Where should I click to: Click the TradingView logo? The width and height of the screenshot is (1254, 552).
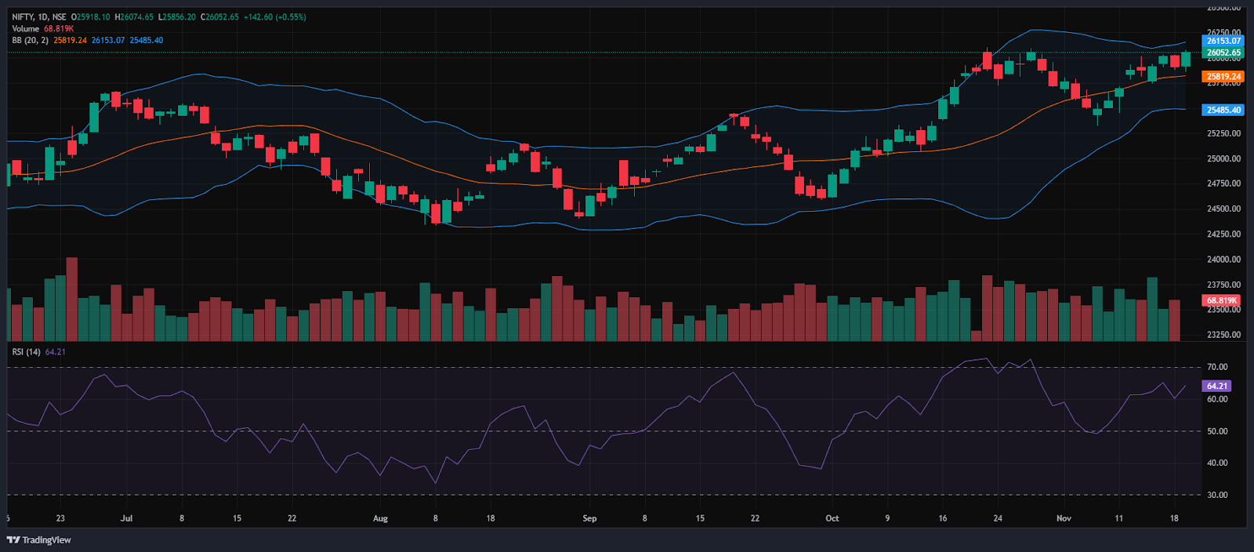coord(39,539)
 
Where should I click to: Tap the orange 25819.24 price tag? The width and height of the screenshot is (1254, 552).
coord(1223,77)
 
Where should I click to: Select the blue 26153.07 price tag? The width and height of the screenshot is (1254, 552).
coord(1223,41)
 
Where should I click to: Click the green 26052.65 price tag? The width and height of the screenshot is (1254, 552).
coord(1223,53)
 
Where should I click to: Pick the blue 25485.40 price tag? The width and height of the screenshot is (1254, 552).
coord(1223,111)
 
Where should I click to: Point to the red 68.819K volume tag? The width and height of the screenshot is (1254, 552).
coord(1222,300)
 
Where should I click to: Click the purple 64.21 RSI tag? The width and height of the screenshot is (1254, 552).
coord(1217,386)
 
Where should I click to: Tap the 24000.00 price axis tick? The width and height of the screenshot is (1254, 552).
coord(1223,260)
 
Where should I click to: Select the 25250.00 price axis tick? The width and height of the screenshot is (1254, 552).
coord(1223,133)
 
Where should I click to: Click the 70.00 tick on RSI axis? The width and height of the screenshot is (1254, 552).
coord(1217,367)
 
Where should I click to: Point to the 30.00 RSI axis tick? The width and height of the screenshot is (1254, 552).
coord(1217,495)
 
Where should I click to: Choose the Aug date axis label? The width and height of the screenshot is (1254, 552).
coord(380,518)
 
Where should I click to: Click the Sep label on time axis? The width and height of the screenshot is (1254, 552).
coord(589,518)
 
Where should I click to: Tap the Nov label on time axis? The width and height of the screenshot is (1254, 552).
coord(1064,518)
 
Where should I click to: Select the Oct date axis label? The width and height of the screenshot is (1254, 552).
coord(832,518)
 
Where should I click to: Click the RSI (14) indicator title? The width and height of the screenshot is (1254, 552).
coord(27,352)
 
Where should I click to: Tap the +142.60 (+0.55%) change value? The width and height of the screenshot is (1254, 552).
coord(274,16)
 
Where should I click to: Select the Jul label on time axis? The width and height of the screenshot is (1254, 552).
coord(127,518)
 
